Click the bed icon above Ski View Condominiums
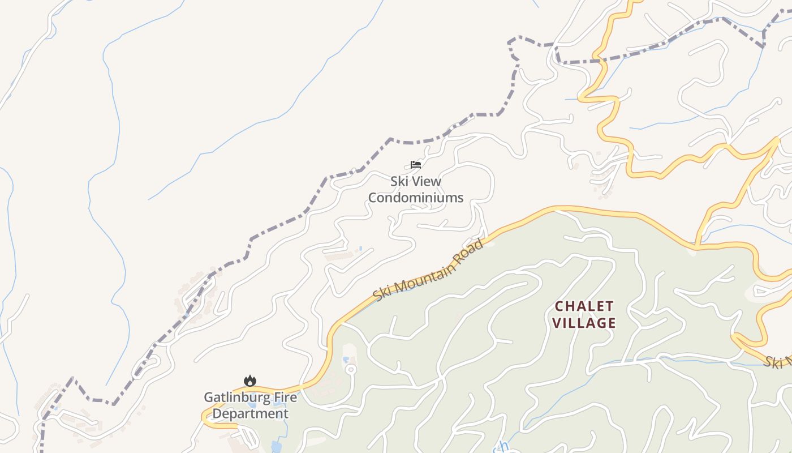click(x=416, y=165)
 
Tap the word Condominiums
click(x=416, y=198)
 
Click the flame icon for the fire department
click(x=249, y=381)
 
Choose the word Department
click(x=251, y=413)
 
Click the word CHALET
click(x=584, y=306)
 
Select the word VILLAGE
click(x=584, y=323)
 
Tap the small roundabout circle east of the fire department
click(x=351, y=370)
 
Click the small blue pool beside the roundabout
click(x=345, y=360)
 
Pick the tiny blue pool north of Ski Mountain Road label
click(x=360, y=248)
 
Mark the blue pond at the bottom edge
click(x=276, y=446)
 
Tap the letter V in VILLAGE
click(x=557, y=323)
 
